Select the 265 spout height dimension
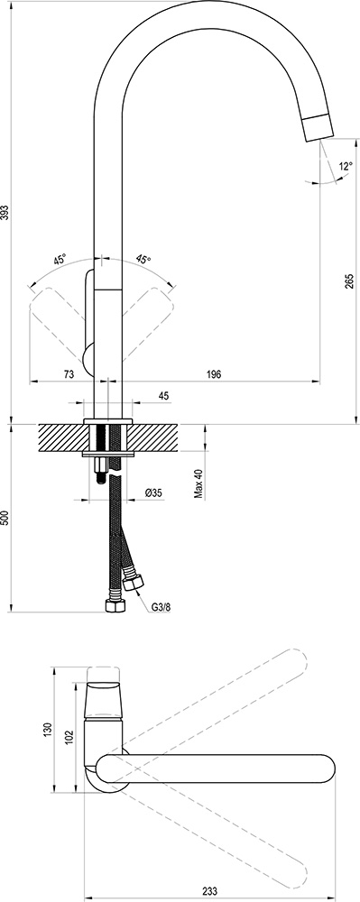click(349, 281)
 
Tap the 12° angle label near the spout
click(346, 167)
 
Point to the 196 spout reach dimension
click(213, 374)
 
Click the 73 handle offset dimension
click(68, 374)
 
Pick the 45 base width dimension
click(163, 395)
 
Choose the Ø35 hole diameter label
click(153, 492)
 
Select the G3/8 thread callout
click(162, 607)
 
